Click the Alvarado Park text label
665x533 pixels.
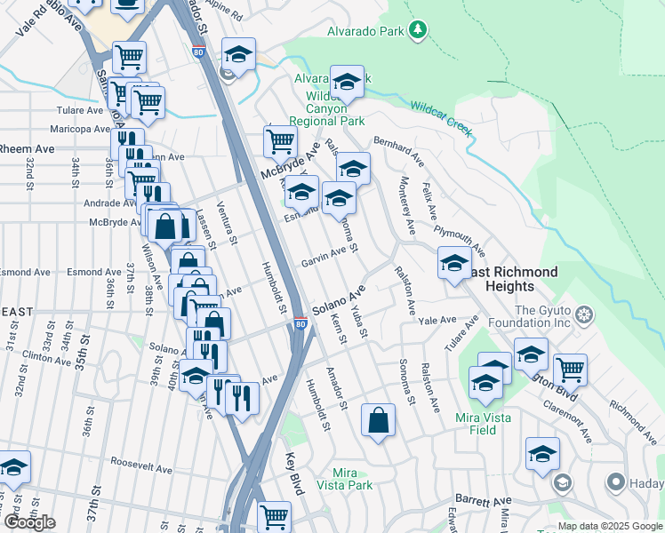(354, 31)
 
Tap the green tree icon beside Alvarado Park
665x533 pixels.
(417, 31)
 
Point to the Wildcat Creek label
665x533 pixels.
(440, 119)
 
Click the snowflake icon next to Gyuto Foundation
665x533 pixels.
(584, 315)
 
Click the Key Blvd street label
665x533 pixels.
(291, 473)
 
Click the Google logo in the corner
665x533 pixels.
(29, 522)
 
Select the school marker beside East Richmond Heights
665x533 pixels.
(454, 263)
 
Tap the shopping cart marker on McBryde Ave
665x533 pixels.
(280, 140)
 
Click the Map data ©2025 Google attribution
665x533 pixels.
(611, 526)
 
